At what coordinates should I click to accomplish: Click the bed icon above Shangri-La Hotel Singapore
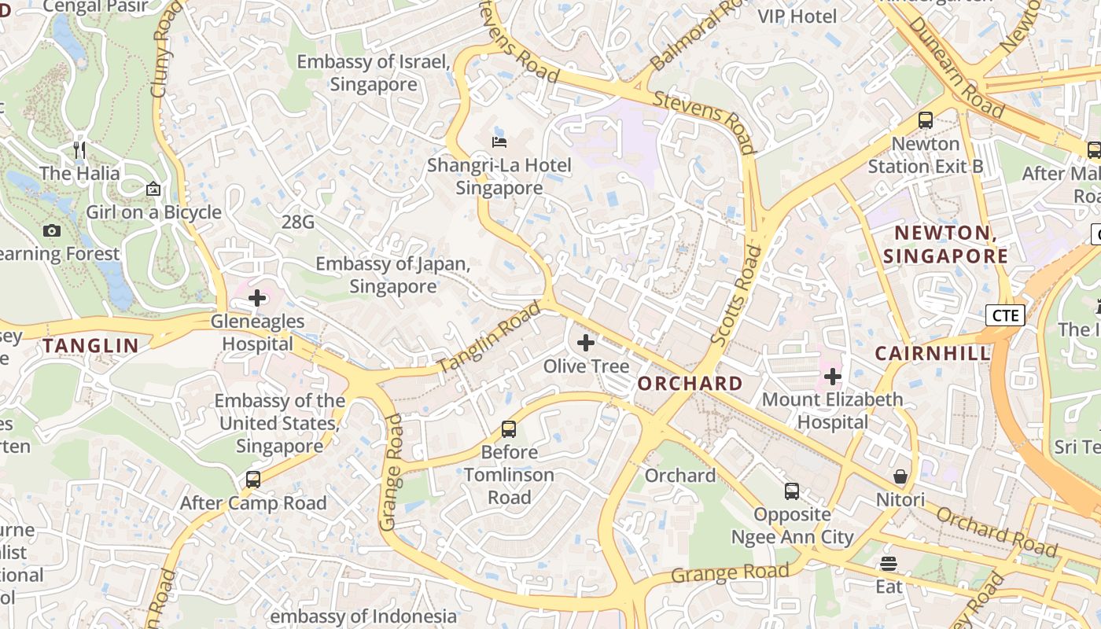pyautogui.click(x=499, y=142)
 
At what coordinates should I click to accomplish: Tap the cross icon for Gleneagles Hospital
pyautogui.click(x=257, y=298)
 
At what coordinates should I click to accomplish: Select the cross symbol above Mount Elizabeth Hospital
pyautogui.click(x=832, y=377)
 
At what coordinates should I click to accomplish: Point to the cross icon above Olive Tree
pyautogui.click(x=586, y=343)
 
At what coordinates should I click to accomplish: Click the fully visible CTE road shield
pyautogui.click(x=1004, y=315)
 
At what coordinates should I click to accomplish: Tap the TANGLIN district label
pyautogui.click(x=90, y=345)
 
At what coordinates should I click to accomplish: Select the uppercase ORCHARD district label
pyautogui.click(x=690, y=384)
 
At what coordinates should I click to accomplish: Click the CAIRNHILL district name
pyautogui.click(x=933, y=354)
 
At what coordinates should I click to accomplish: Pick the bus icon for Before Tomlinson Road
pyautogui.click(x=509, y=429)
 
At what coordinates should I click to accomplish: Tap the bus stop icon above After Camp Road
pyautogui.click(x=252, y=480)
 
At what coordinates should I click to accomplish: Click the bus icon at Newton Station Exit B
pyautogui.click(x=926, y=120)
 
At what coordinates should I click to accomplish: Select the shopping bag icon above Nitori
pyautogui.click(x=900, y=477)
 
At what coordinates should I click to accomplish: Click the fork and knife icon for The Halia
pyautogui.click(x=79, y=149)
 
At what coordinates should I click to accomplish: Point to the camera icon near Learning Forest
pyautogui.click(x=52, y=230)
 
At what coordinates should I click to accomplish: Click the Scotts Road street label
pyautogui.click(x=736, y=296)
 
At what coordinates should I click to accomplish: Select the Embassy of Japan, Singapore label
pyautogui.click(x=392, y=275)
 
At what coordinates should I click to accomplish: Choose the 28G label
pyautogui.click(x=297, y=223)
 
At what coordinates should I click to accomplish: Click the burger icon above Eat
pyautogui.click(x=889, y=564)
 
